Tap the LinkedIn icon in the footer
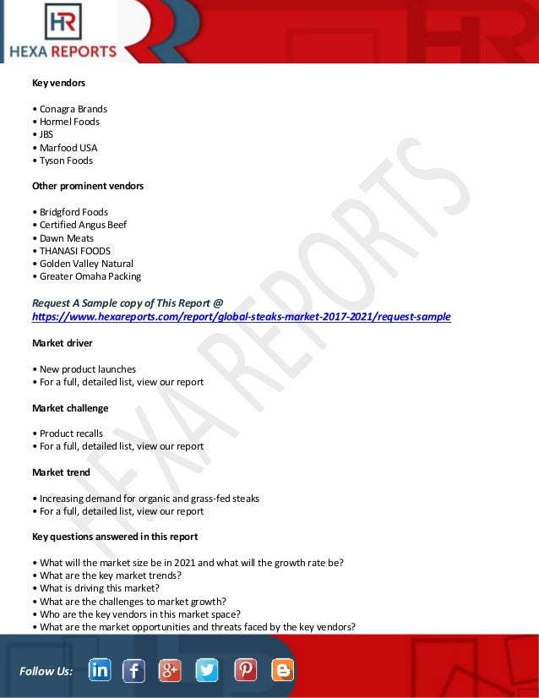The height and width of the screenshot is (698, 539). pos(99,670)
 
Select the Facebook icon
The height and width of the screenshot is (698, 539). pos(133,670)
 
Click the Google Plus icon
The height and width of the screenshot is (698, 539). pos(170,670)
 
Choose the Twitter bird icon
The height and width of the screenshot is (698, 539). pos(207,670)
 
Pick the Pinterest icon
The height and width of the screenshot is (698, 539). pos(245,670)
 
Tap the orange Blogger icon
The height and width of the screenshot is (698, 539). pos(283,670)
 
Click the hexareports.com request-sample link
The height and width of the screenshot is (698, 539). pos(241,317)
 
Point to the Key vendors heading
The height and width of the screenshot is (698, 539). pos(58,83)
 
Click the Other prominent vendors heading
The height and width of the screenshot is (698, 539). pos(88,186)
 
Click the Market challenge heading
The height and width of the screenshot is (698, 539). pos(70,408)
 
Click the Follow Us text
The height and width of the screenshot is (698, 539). pos(46,671)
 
